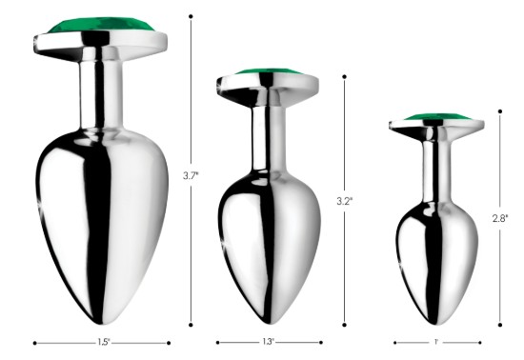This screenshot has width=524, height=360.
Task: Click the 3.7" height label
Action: [x=190, y=175]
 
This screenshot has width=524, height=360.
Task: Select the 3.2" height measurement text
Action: [x=344, y=202]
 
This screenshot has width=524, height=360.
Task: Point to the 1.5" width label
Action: [x=102, y=342]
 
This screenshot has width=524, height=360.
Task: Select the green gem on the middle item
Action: [x=266, y=73]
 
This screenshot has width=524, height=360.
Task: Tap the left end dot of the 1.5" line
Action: [x=34, y=342]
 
